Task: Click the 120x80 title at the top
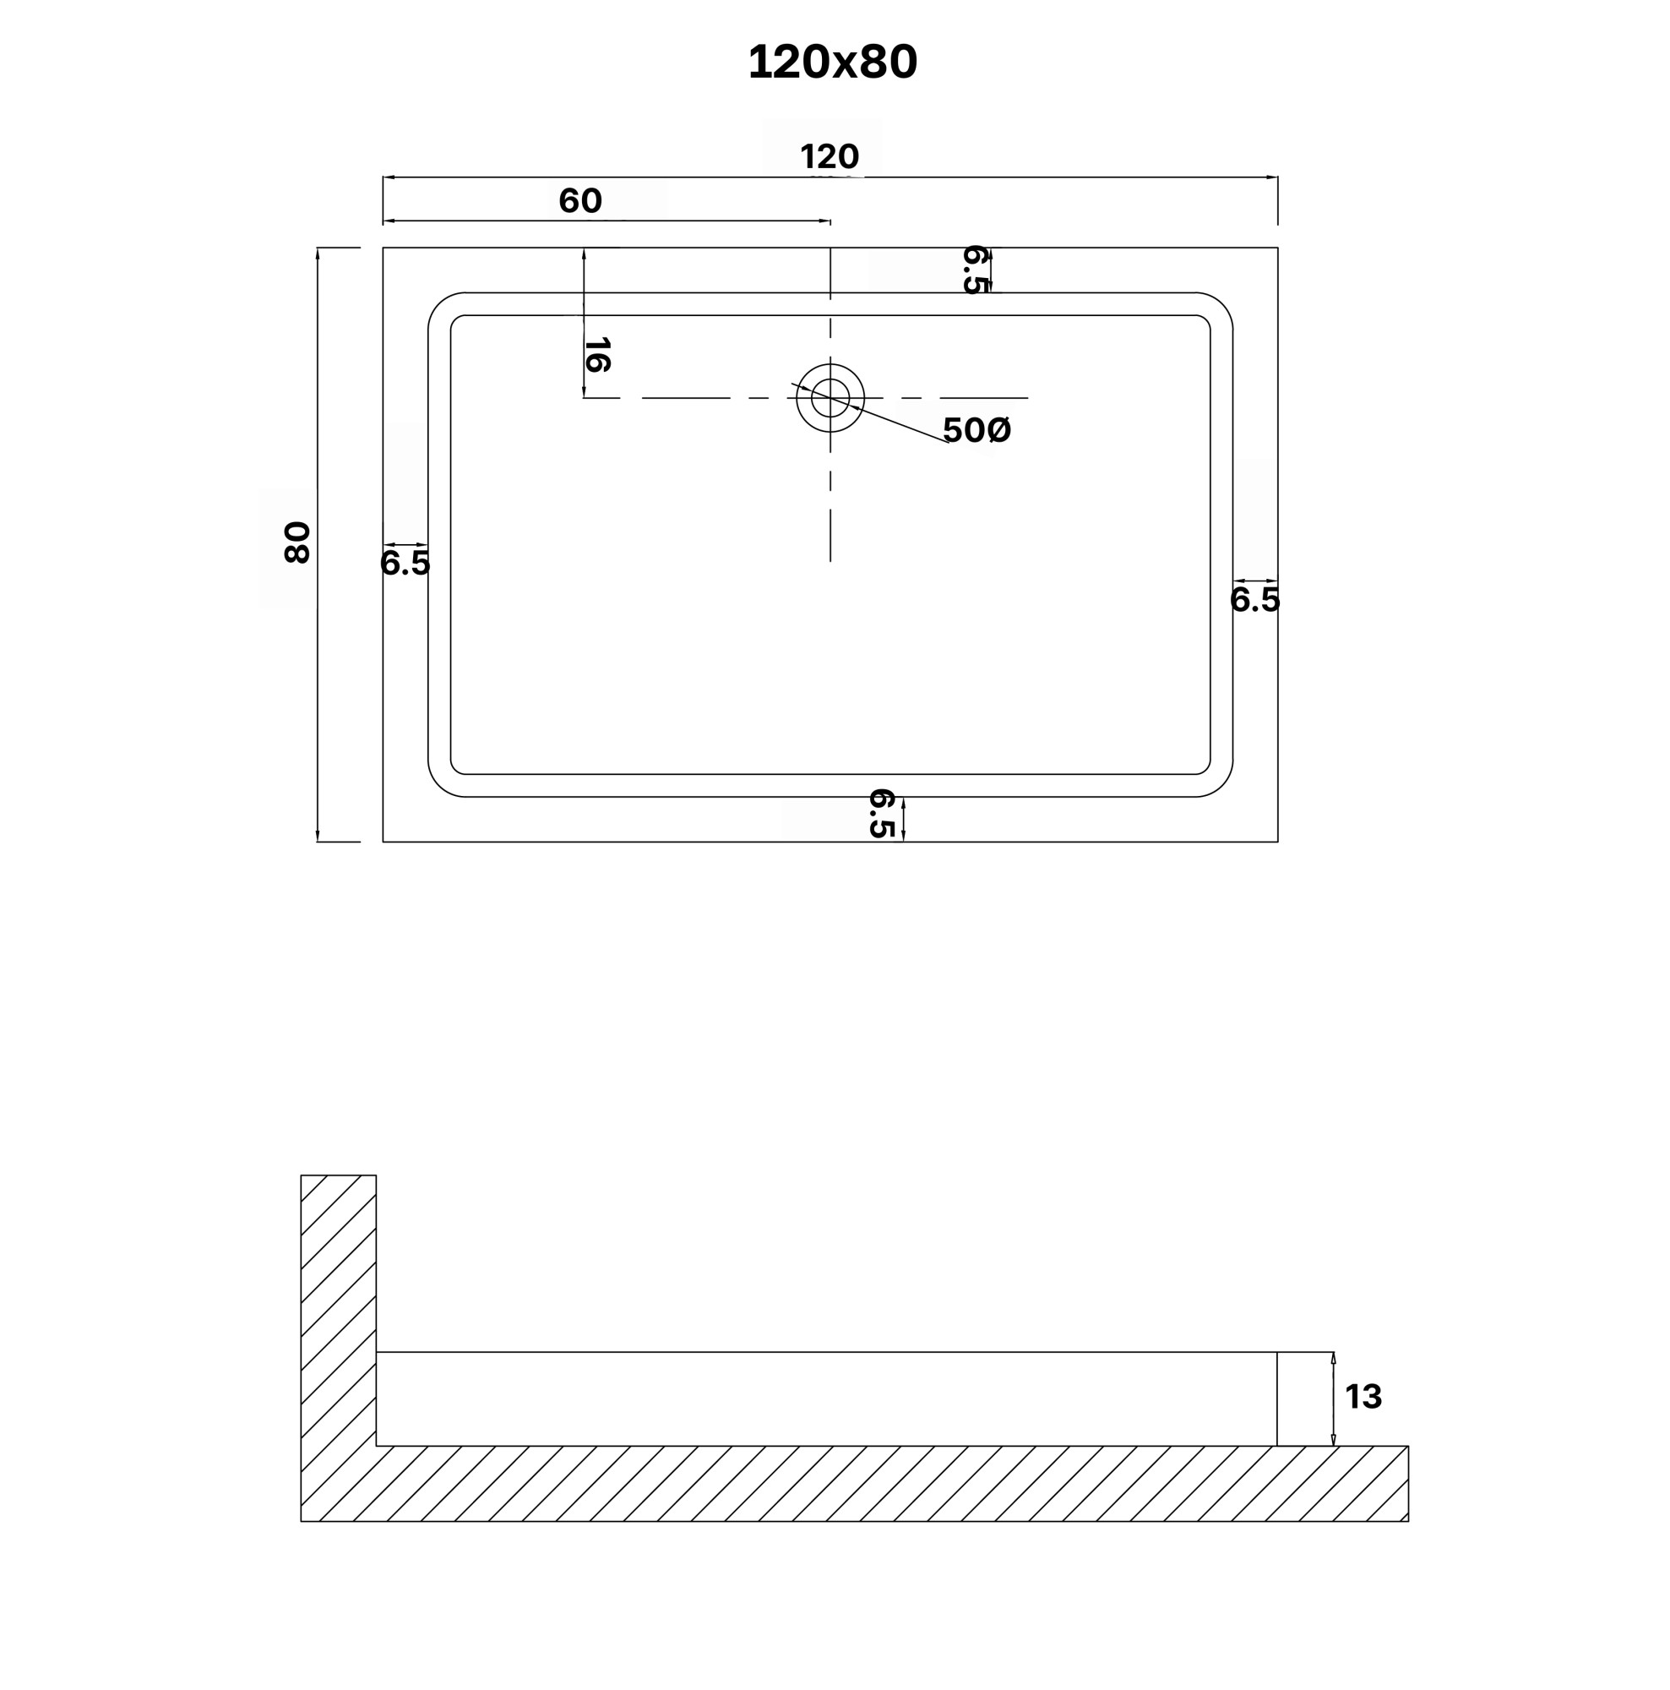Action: tap(831, 63)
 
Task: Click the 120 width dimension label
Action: tap(829, 156)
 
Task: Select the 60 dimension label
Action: tap(579, 201)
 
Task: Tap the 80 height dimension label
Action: tap(297, 542)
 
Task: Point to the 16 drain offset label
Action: tap(596, 354)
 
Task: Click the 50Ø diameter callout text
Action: tap(976, 429)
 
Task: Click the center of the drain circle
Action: tap(830, 398)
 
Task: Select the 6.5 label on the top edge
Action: tap(974, 270)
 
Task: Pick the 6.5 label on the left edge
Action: tap(405, 564)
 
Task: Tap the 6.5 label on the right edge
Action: tap(1254, 600)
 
